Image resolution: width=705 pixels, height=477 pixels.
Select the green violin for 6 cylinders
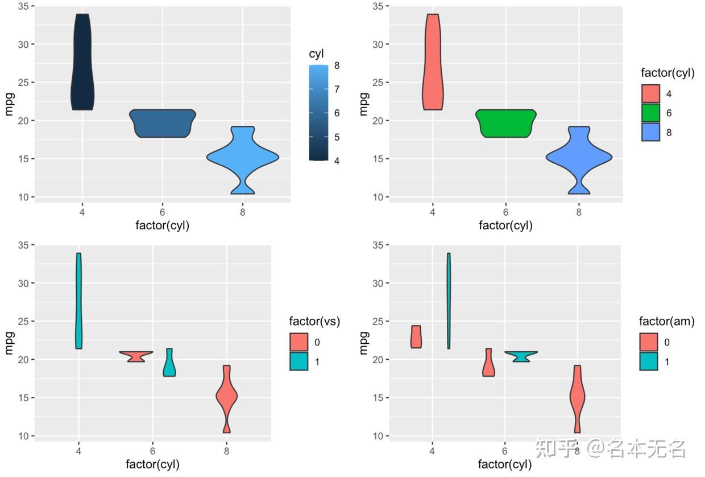(505, 124)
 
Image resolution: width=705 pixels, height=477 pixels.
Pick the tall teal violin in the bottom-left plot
(78, 302)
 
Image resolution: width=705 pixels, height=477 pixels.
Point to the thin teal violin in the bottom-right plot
(449, 302)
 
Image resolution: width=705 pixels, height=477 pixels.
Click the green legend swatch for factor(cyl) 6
(650, 113)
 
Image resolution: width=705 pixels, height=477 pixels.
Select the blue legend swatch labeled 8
(650, 132)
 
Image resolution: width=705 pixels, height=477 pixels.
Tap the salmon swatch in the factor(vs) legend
(298, 342)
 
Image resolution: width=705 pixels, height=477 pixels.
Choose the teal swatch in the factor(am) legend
(649, 361)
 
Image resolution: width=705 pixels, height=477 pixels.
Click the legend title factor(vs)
(314, 322)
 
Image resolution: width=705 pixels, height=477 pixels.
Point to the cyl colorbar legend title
(316, 54)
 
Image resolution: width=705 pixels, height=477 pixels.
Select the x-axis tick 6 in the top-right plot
(505, 212)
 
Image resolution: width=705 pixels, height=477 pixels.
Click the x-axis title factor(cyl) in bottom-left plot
(152, 464)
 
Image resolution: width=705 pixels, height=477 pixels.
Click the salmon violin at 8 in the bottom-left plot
(227, 398)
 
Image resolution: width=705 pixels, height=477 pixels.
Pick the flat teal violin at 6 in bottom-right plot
(520, 356)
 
